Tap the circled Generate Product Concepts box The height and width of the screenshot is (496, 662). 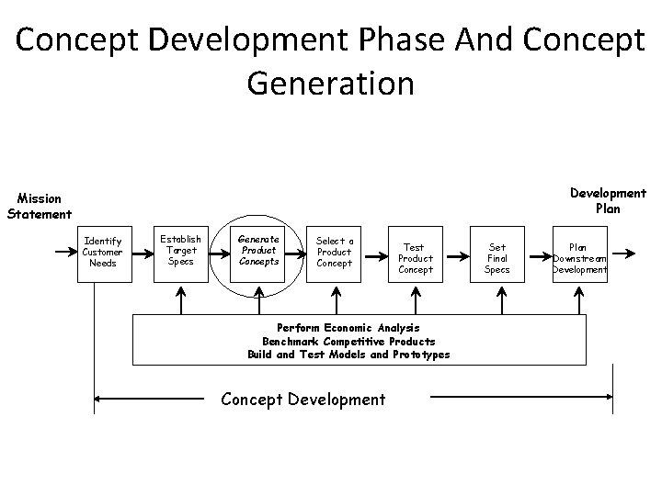(x=258, y=249)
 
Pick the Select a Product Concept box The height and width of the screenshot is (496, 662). (x=335, y=252)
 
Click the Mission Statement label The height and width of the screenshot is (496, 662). (x=39, y=206)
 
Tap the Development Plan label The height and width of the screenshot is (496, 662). (x=608, y=200)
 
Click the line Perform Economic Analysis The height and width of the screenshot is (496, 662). (x=348, y=327)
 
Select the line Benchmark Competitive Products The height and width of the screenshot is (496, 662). (x=348, y=341)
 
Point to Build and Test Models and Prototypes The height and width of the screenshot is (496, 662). (x=348, y=355)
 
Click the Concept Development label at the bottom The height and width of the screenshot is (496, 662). (x=303, y=399)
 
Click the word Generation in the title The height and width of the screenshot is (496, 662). (x=330, y=84)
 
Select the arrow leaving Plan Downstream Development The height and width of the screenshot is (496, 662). (x=623, y=251)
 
